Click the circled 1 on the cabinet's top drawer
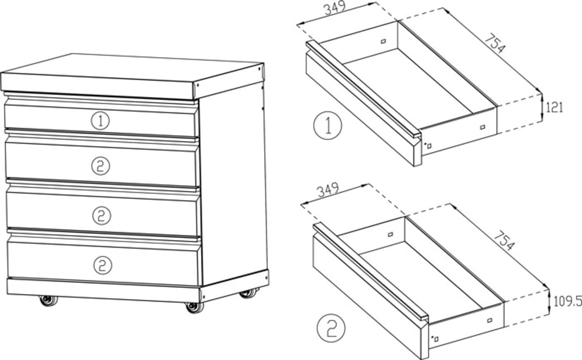point(100,121)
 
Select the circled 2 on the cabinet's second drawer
point(100,166)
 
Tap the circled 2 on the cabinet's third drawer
point(100,215)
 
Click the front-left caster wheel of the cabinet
point(48,300)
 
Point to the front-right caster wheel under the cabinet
point(194,306)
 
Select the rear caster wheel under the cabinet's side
point(248,293)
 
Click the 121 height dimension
point(554,107)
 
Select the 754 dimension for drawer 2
point(504,239)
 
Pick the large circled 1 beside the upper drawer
point(327,125)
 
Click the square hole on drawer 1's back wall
point(383,41)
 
